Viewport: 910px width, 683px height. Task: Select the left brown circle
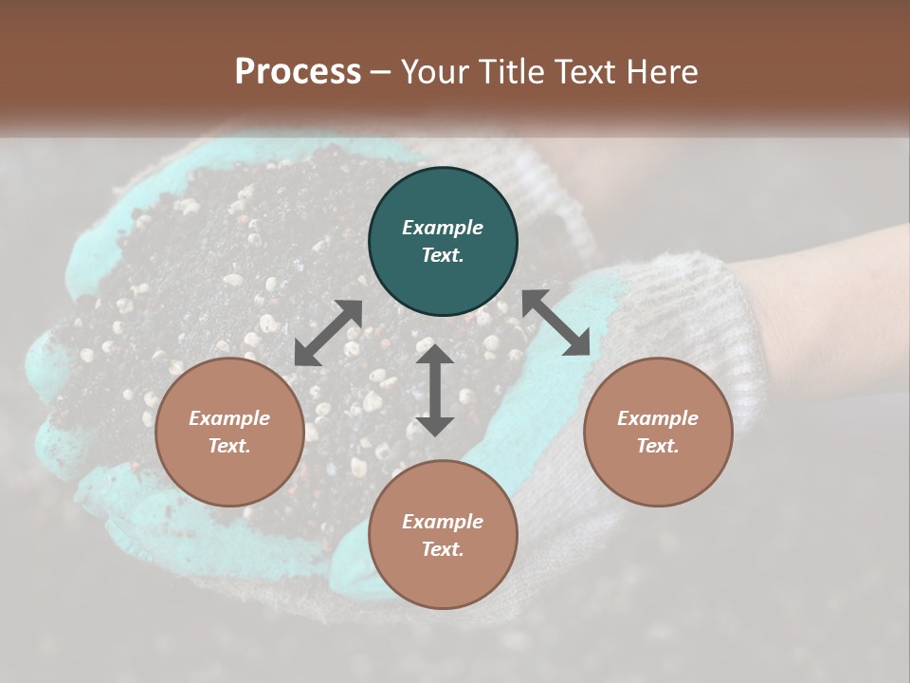[229, 432]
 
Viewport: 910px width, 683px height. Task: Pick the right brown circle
[658, 432]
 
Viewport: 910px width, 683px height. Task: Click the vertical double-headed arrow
[435, 390]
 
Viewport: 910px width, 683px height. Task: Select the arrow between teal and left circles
[328, 333]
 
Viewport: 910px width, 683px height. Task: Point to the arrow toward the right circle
[556, 323]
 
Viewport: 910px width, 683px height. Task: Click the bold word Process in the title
[298, 71]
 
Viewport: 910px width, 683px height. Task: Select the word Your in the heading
[432, 71]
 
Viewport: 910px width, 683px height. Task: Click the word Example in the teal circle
[443, 228]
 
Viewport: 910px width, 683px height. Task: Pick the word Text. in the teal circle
[443, 255]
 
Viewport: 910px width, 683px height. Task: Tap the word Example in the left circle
[229, 418]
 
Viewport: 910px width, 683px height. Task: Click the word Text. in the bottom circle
[443, 549]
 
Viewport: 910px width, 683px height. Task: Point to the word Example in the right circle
[658, 418]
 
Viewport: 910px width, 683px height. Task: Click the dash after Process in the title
[380, 72]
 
